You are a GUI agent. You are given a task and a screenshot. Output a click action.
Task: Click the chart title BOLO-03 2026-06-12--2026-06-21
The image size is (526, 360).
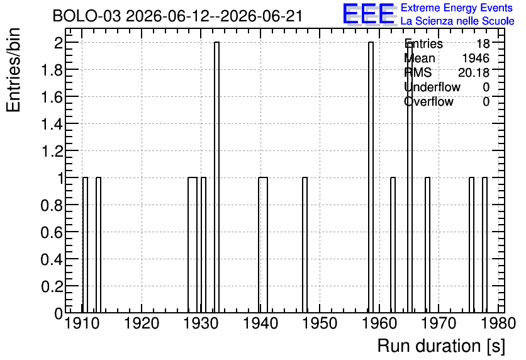click(x=177, y=16)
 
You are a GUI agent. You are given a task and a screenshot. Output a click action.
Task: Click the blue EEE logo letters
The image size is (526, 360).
click(x=369, y=14)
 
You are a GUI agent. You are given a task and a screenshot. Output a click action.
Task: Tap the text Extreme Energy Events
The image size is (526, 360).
click(x=457, y=8)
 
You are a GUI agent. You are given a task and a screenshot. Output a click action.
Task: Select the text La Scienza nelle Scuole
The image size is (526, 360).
click(x=457, y=21)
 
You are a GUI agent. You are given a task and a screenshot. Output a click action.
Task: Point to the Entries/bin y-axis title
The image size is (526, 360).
click(x=14, y=70)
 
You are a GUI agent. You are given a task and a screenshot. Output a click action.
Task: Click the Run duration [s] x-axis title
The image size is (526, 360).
click(x=441, y=346)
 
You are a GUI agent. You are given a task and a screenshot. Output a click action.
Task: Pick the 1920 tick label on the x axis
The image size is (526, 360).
click(x=142, y=323)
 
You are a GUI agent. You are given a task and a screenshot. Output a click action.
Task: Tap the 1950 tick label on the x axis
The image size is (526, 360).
click(x=320, y=323)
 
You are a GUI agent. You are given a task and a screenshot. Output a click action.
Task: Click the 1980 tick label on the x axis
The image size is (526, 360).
click(x=498, y=323)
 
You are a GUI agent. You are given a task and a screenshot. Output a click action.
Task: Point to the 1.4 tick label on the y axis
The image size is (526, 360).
click(x=52, y=124)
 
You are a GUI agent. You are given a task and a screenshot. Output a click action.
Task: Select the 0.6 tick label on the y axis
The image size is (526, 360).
click(x=52, y=232)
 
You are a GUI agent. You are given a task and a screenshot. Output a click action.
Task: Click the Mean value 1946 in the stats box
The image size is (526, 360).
click(x=476, y=59)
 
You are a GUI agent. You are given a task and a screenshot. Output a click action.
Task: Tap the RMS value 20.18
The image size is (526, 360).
click(x=474, y=72)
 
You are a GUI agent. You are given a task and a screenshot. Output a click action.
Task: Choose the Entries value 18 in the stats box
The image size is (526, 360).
click(x=483, y=43)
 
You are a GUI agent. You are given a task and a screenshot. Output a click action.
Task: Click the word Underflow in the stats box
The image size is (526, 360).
click(x=432, y=87)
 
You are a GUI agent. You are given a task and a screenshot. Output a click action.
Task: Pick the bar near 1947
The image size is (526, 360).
click(x=305, y=245)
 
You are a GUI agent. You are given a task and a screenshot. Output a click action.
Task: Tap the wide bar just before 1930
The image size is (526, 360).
click(x=193, y=245)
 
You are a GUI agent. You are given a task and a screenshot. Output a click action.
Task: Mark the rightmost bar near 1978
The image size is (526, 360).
click(x=484, y=245)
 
